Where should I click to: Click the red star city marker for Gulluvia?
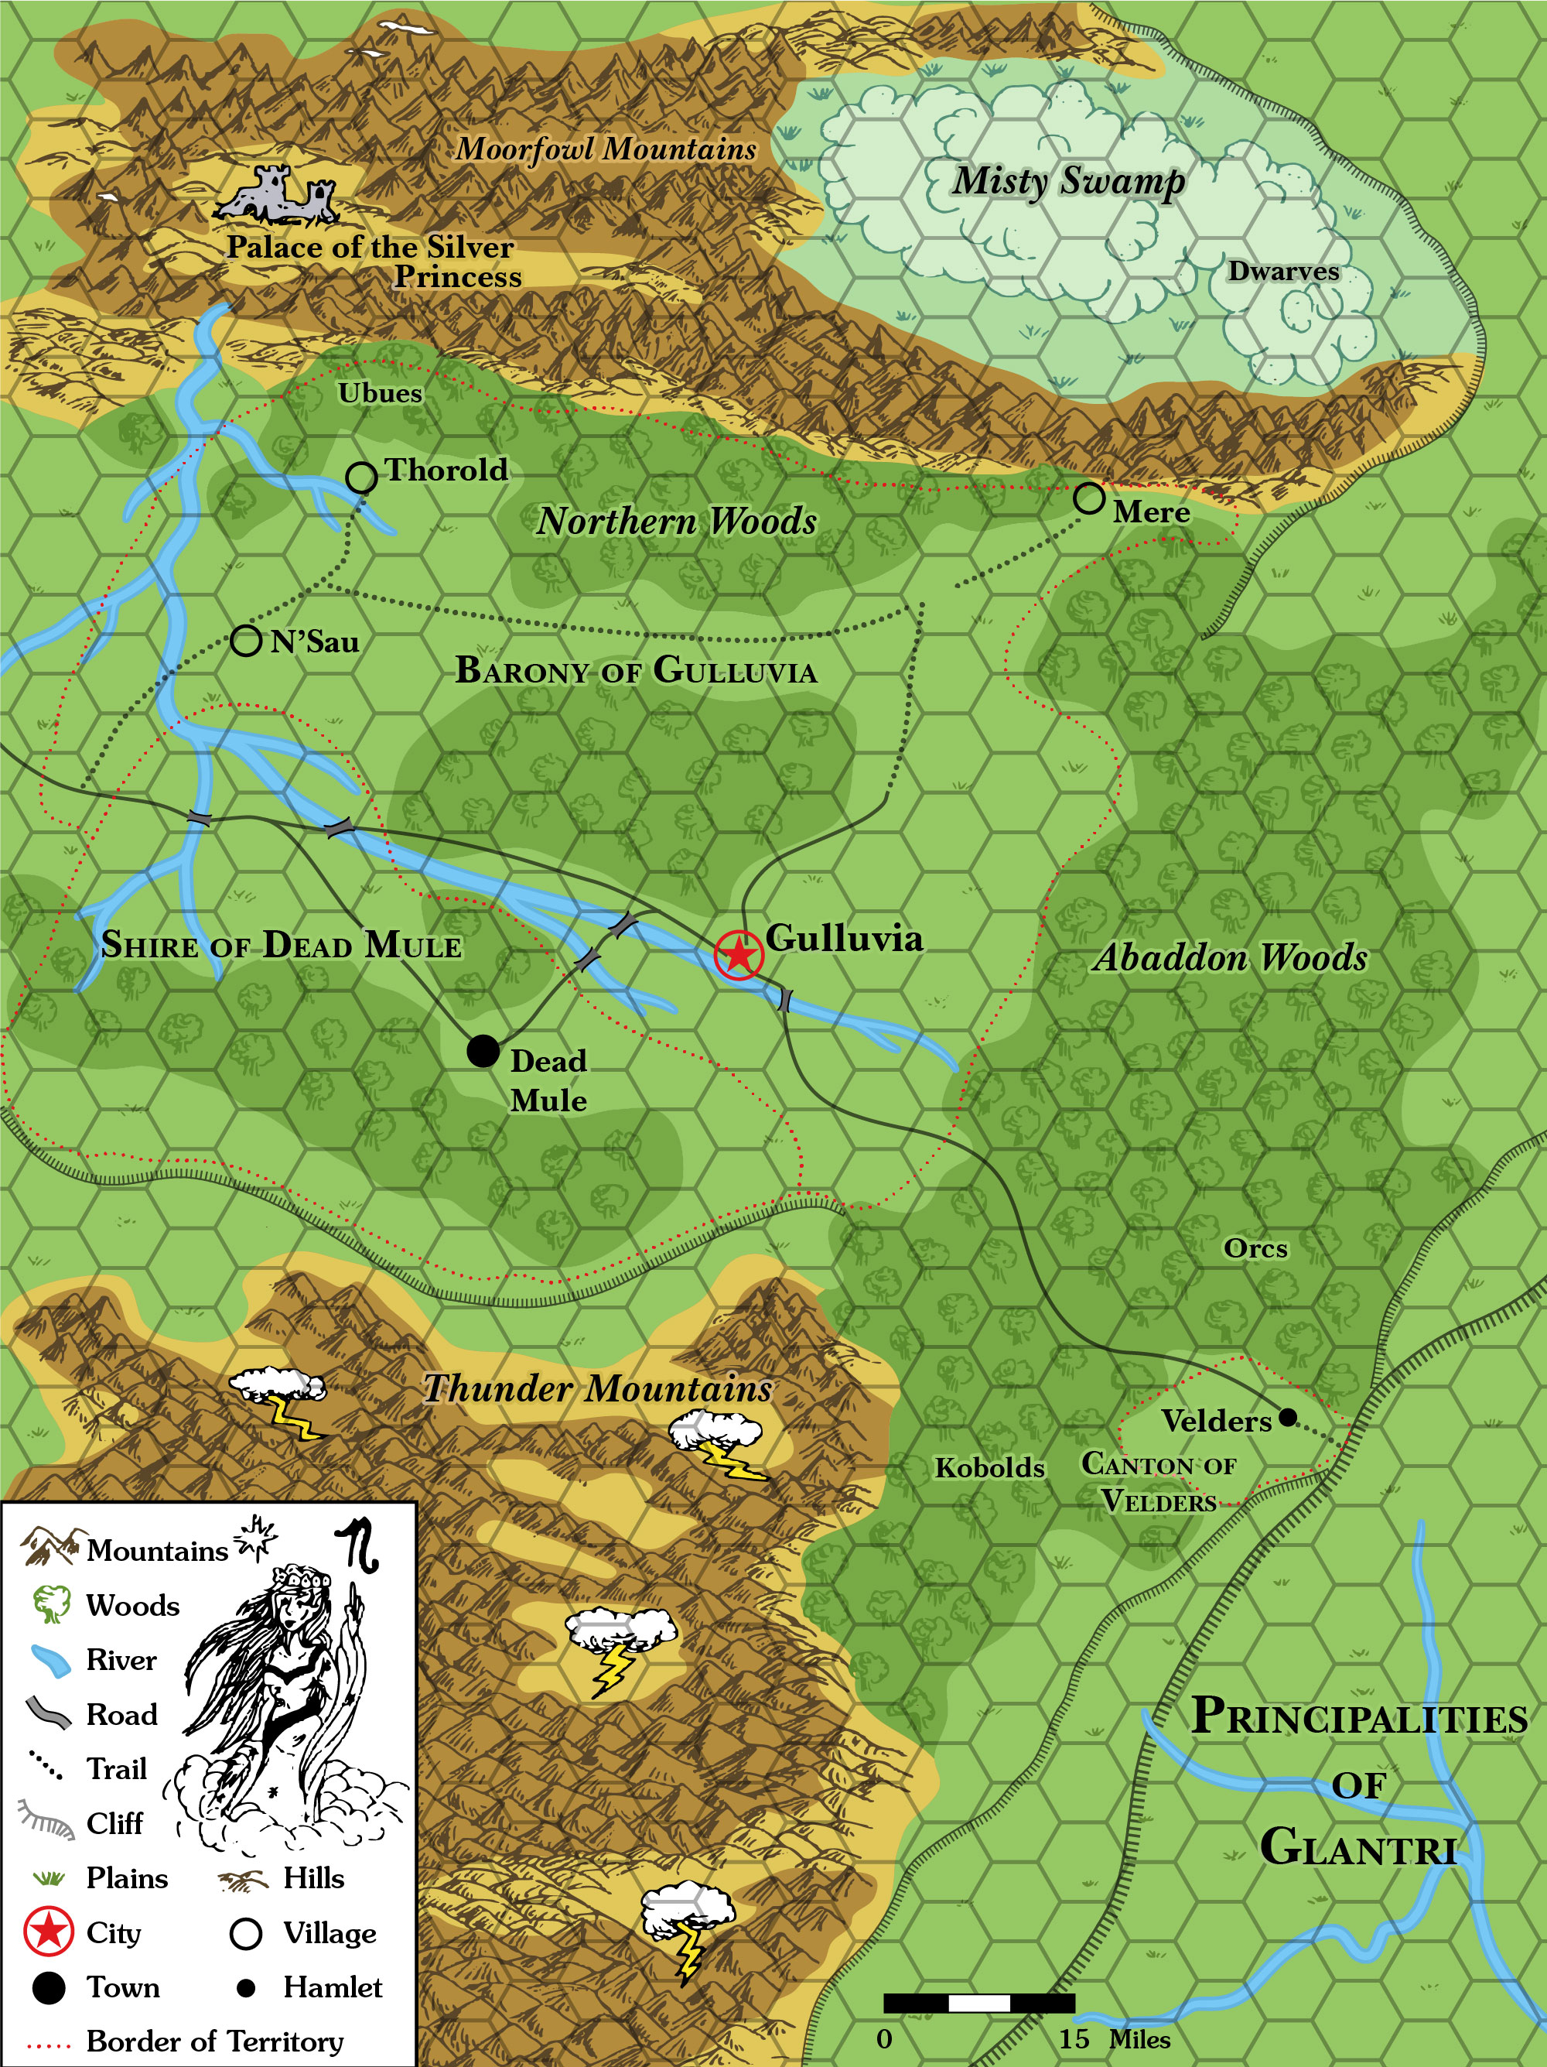[739, 955]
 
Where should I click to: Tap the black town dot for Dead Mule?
[482, 1050]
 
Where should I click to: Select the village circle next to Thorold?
[361, 477]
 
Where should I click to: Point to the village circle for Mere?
[1089, 498]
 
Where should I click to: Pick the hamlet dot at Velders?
[1287, 1418]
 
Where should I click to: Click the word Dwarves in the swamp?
[1282, 272]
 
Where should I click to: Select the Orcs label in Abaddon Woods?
[1255, 1248]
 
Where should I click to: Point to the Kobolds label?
[989, 1467]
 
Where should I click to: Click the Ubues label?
[381, 393]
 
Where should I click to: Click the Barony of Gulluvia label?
[635, 670]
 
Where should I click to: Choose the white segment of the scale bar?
[979, 2003]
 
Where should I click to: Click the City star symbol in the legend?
[49, 1932]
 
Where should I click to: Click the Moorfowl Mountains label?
[606, 149]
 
